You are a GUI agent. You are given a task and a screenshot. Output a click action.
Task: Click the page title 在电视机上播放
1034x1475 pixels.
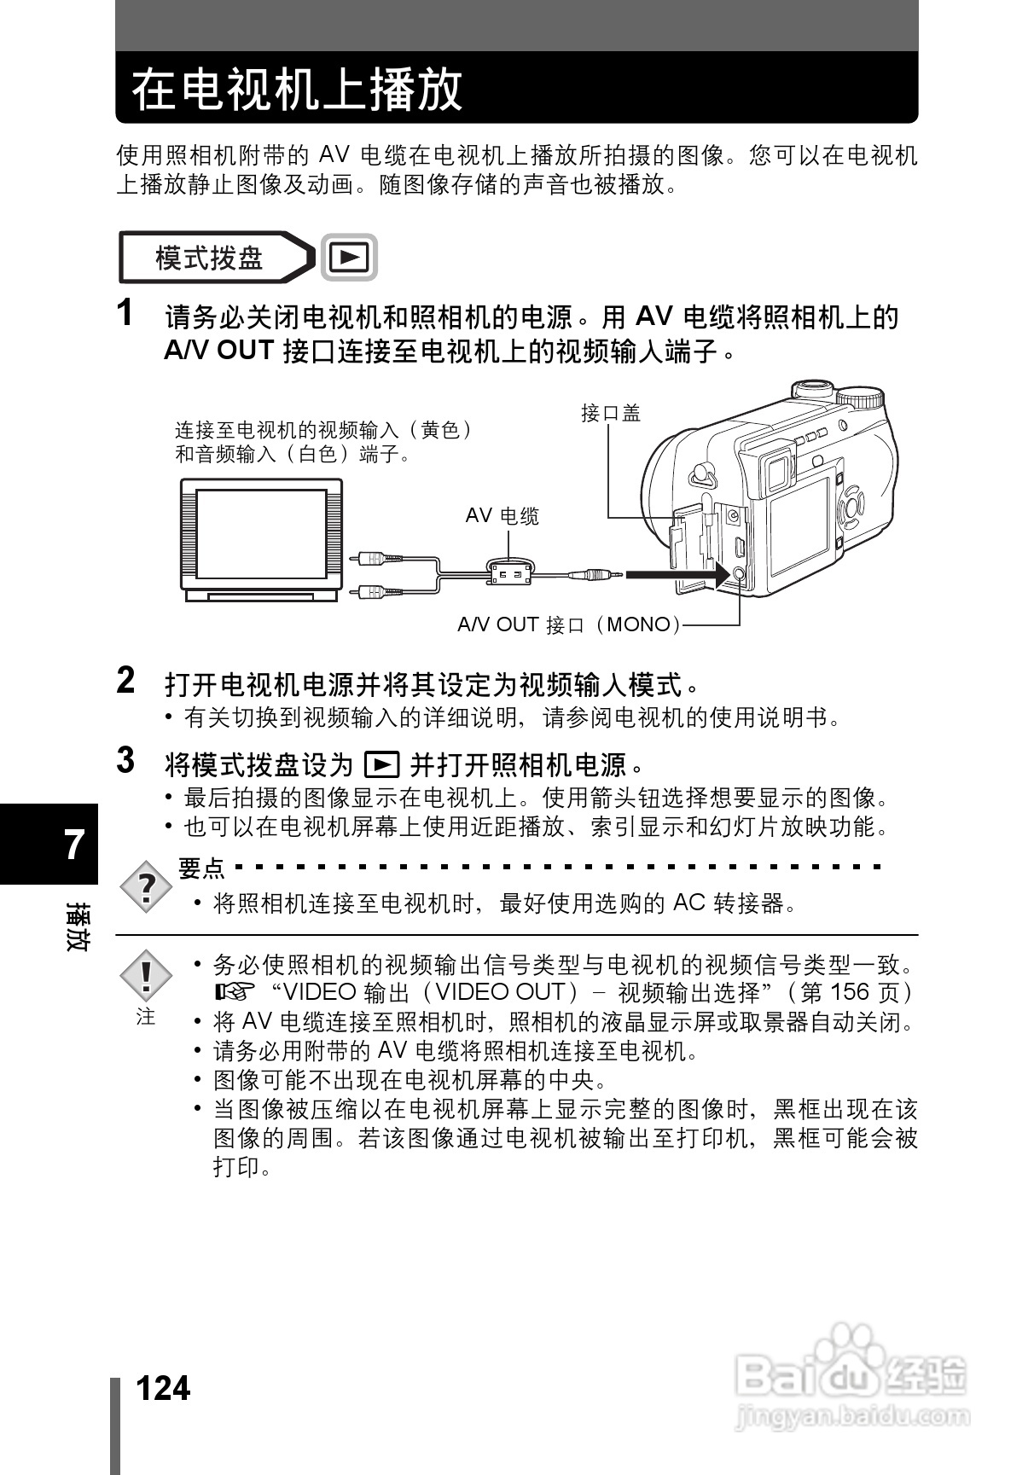[297, 90]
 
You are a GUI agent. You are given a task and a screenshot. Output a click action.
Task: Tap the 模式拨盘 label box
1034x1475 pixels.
[210, 257]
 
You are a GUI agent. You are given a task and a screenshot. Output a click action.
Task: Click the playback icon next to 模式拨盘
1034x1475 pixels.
[349, 257]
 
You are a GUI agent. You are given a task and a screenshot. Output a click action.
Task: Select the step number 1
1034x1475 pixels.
[125, 313]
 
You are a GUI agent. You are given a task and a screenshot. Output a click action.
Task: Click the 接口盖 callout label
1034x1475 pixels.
[610, 414]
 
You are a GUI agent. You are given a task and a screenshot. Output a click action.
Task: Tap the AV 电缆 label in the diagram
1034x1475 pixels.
[502, 515]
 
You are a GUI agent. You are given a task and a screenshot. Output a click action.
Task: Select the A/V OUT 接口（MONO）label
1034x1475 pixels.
[569, 624]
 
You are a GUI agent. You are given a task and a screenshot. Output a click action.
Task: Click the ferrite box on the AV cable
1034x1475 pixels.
[509, 573]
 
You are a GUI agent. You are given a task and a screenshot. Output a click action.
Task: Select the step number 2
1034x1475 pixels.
[125, 681]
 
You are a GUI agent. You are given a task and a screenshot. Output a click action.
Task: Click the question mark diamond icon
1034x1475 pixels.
[147, 888]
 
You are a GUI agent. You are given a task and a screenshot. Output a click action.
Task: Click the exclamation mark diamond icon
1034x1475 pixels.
[146, 976]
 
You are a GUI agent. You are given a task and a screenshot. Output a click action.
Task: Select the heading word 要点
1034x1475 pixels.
[201, 868]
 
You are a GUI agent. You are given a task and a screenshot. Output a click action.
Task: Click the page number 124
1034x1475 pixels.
[163, 1389]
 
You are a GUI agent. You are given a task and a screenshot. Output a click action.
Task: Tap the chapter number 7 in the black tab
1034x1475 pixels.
[75, 845]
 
